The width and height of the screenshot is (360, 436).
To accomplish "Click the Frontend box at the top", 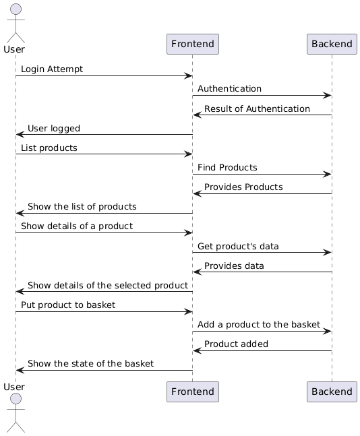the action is [193, 44].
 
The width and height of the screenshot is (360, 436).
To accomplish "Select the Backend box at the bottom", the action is [332, 392].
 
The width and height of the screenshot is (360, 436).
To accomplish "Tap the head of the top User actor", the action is [16, 9].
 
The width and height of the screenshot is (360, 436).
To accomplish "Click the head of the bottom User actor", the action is [16, 399].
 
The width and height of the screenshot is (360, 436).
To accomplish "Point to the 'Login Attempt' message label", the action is [52, 69].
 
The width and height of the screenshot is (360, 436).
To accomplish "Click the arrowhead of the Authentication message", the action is [328, 96].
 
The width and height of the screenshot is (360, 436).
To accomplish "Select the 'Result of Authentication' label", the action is [257, 108].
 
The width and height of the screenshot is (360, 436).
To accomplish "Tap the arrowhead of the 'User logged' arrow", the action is [20, 135].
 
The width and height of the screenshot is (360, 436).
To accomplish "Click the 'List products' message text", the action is [49, 148].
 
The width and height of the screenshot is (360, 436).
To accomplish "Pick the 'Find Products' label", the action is [227, 167].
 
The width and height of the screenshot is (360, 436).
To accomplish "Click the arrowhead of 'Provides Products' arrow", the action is [197, 194].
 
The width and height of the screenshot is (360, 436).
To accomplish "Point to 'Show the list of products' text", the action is [82, 207].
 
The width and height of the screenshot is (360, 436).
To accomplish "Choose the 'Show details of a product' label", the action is [77, 226].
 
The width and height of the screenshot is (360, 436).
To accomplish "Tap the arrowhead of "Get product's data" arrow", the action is [328, 253].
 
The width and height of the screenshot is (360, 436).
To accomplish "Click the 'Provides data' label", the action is [234, 266].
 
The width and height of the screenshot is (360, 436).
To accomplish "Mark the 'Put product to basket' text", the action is [68, 305].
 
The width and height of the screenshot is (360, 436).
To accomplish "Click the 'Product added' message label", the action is [236, 344].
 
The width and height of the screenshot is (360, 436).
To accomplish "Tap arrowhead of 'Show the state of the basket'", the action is [20, 371].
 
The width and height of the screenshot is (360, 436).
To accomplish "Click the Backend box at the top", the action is [332, 44].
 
